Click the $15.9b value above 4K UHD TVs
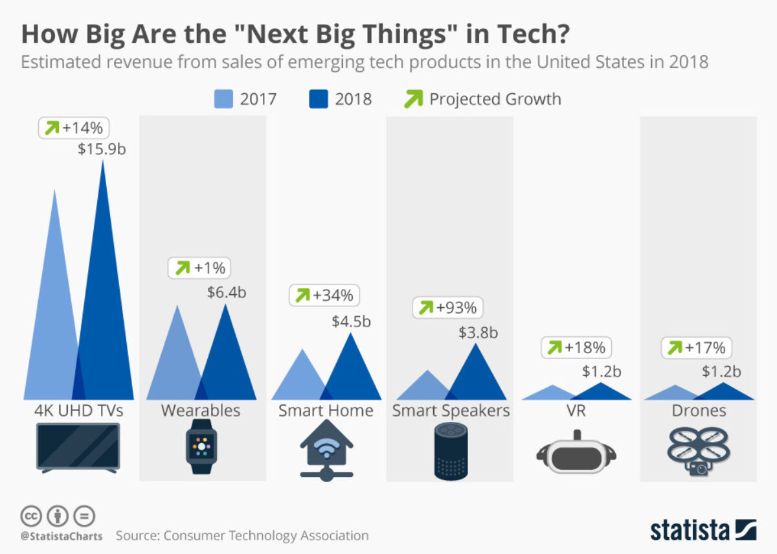(102, 148)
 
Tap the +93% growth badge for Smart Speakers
(448, 308)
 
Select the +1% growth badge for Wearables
(201, 268)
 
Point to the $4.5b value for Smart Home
(351, 321)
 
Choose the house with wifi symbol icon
(327, 450)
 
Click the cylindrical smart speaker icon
(451, 451)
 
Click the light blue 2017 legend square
(223, 99)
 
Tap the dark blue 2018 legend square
(318, 99)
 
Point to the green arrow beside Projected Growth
(413, 99)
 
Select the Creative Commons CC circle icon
(30, 516)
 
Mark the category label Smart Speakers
(451, 411)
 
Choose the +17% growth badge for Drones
(696, 348)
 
